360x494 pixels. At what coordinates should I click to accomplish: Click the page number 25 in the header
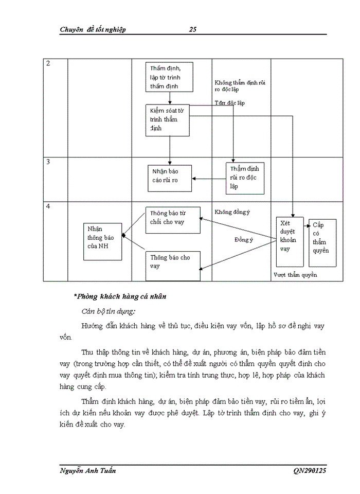[192, 29]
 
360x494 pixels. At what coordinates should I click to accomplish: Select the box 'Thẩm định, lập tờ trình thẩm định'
[169, 77]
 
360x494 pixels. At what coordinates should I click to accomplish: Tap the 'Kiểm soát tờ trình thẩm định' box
[169, 119]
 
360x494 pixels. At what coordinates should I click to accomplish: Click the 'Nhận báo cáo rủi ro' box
[170, 175]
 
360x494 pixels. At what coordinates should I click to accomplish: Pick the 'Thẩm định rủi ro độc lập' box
[245, 178]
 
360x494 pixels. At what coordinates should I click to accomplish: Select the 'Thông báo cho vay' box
[173, 265]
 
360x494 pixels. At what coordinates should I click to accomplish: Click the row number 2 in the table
[48, 64]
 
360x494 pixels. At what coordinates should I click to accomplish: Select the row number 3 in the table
[48, 162]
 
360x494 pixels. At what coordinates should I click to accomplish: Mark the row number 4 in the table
[48, 207]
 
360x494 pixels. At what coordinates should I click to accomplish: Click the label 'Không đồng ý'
[232, 211]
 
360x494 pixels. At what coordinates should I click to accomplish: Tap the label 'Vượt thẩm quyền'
[295, 275]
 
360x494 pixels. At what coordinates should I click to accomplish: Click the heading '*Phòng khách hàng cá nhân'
[120, 297]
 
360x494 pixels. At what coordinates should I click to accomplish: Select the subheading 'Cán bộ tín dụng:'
[109, 311]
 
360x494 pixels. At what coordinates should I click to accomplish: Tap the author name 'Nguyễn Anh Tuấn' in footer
[88, 471]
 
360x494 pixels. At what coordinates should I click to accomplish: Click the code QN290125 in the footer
[310, 471]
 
